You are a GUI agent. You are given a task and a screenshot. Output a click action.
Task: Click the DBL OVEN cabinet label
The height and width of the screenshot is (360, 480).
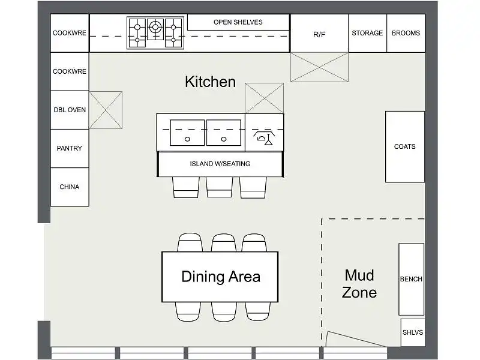click(70, 110)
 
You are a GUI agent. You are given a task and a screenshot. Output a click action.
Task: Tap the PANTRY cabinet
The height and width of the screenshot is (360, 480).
click(70, 148)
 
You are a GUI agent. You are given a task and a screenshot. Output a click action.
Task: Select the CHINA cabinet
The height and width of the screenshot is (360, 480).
click(70, 187)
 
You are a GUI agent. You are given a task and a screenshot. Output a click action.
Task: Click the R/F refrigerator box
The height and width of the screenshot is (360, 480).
click(319, 34)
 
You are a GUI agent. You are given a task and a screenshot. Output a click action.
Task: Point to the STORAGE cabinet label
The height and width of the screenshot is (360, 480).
click(367, 33)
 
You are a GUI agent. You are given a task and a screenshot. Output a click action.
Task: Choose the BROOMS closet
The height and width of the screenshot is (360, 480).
click(406, 33)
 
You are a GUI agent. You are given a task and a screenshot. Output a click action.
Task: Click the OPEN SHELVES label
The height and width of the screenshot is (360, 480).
click(238, 22)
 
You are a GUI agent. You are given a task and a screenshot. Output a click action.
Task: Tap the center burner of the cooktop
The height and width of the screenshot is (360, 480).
click(155, 26)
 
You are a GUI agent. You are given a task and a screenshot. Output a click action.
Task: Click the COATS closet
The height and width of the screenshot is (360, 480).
click(405, 146)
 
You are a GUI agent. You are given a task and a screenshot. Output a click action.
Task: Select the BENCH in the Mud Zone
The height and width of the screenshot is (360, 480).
click(411, 279)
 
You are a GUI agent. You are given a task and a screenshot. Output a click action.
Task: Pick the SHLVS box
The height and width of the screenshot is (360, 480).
click(413, 332)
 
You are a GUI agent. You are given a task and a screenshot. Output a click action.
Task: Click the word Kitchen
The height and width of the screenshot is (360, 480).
click(210, 82)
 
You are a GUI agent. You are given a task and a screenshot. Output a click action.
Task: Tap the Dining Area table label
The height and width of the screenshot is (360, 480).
click(221, 277)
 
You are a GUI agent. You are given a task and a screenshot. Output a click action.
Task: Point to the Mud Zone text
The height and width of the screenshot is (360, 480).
click(359, 284)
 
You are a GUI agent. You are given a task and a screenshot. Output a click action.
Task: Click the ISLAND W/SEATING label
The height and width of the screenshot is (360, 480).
click(220, 164)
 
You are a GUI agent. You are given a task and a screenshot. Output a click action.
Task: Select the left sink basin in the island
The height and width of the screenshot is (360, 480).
click(187, 133)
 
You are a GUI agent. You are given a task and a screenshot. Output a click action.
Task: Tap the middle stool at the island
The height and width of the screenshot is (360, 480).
click(220, 187)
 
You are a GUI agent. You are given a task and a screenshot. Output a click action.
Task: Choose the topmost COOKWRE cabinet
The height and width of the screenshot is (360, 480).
click(70, 33)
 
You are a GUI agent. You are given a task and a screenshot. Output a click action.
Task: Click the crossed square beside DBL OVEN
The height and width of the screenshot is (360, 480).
click(106, 110)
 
